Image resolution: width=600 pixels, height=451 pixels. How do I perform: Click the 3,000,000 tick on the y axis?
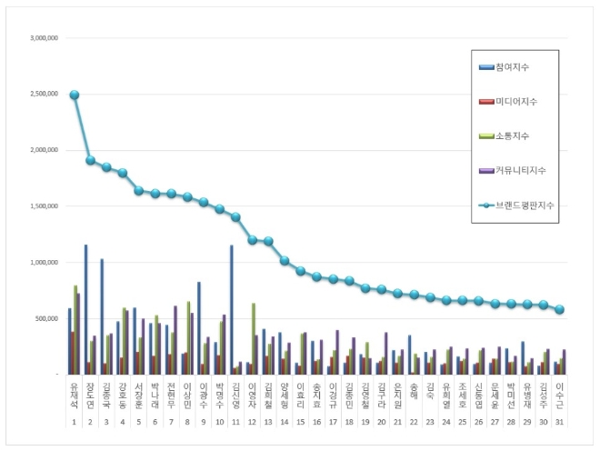[45, 39]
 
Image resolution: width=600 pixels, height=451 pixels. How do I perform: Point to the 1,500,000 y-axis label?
[45, 206]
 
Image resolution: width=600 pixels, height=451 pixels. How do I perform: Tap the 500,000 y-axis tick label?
[46, 318]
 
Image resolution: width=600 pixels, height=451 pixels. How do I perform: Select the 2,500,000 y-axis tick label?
[45, 95]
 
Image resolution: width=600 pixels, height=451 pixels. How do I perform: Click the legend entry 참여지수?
[513, 66]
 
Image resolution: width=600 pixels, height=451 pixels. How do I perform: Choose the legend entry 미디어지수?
[515, 101]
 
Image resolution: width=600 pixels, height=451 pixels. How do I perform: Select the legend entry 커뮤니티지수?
[518, 170]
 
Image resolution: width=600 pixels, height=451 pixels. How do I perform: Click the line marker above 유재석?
[75, 95]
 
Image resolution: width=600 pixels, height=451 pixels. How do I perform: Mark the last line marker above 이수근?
[560, 309]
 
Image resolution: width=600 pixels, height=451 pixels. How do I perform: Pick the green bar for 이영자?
[254, 337]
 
